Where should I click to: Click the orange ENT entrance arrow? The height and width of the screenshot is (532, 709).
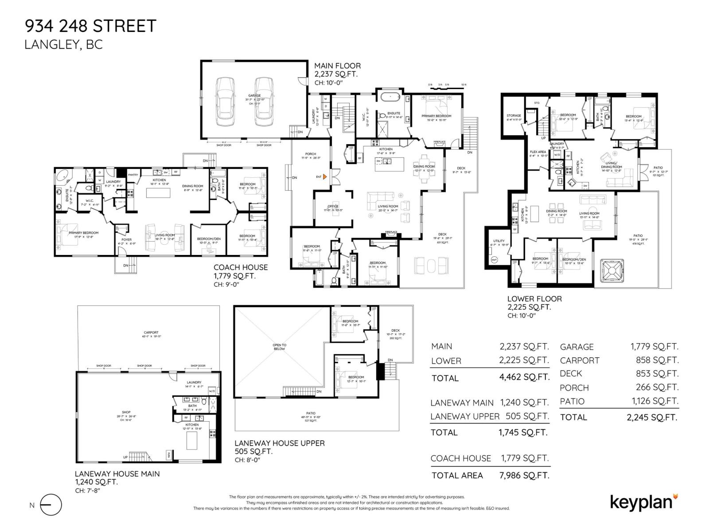(x=325, y=176)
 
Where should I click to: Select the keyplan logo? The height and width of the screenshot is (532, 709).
(x=644, y=502)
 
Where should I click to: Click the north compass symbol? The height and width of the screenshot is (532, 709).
(x=51, y=505)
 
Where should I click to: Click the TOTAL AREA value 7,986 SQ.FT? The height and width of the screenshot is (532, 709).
(x=524, y=475)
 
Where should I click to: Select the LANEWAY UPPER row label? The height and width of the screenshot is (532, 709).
(x=464, y=416)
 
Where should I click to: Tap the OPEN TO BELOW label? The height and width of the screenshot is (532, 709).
(x=279, y=347)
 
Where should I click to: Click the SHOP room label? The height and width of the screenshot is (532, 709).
(x=126, y=412)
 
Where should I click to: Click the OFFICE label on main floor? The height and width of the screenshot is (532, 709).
(x=333, y=206)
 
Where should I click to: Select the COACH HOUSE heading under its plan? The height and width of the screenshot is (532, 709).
(x=241, y=267)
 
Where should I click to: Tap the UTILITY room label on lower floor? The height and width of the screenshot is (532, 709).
(x=499, y=241)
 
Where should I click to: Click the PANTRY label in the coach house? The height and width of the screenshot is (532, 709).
(x=133, y=175)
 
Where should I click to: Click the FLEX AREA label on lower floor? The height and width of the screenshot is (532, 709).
(x=538, y=152)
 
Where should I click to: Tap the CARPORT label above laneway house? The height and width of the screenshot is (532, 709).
(x=151, y=332)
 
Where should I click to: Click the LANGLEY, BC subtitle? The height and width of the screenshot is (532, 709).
(x=63, y=45)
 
